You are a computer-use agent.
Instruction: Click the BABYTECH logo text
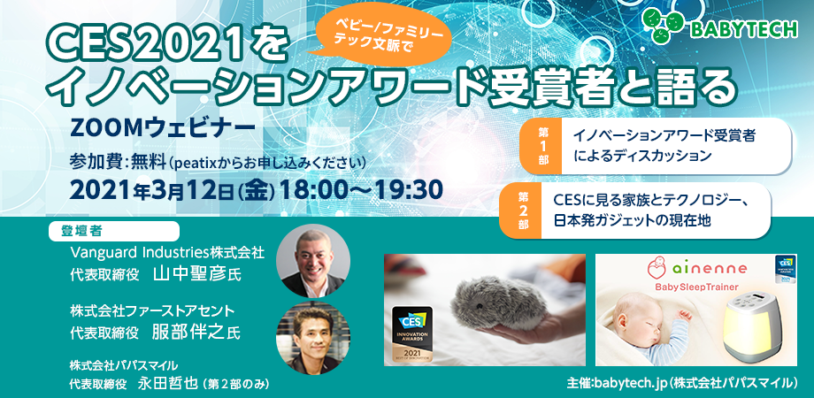(744, 29)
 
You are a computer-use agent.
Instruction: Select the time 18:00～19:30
(361, 190)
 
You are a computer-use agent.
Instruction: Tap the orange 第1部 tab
(542, 146)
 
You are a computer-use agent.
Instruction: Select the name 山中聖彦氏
(197, 274)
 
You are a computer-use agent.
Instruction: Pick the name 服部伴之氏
(196, 332)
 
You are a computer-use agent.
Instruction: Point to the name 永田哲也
(168, 384)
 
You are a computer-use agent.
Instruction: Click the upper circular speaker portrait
(313, 261)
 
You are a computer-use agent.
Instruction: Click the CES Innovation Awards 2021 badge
(411, 333)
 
